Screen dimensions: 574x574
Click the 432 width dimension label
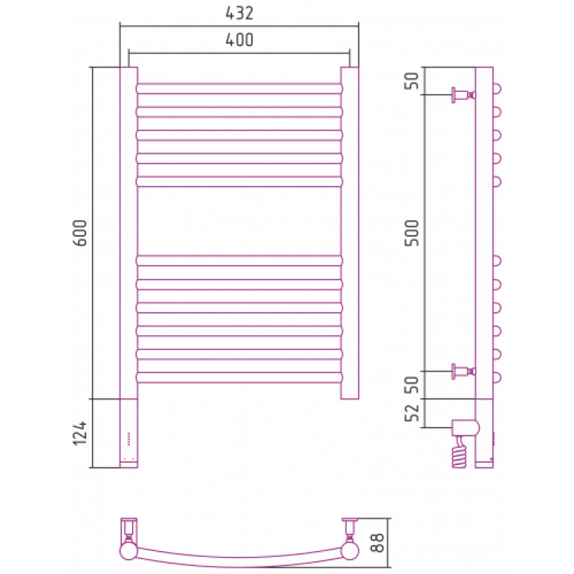coord(240,13)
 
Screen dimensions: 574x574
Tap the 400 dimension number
coord(240,40)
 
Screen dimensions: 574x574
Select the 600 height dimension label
coord(80,232)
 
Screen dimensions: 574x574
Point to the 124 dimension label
coord(80,433)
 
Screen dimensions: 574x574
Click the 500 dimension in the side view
coord(412,232)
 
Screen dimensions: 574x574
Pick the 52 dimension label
coord(412,413)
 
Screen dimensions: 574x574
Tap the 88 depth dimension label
coord(377,542)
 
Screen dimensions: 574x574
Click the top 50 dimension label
coord(412,80)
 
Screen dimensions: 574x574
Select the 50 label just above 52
coord(412,385)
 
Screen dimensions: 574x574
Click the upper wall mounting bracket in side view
coord(463,95)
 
